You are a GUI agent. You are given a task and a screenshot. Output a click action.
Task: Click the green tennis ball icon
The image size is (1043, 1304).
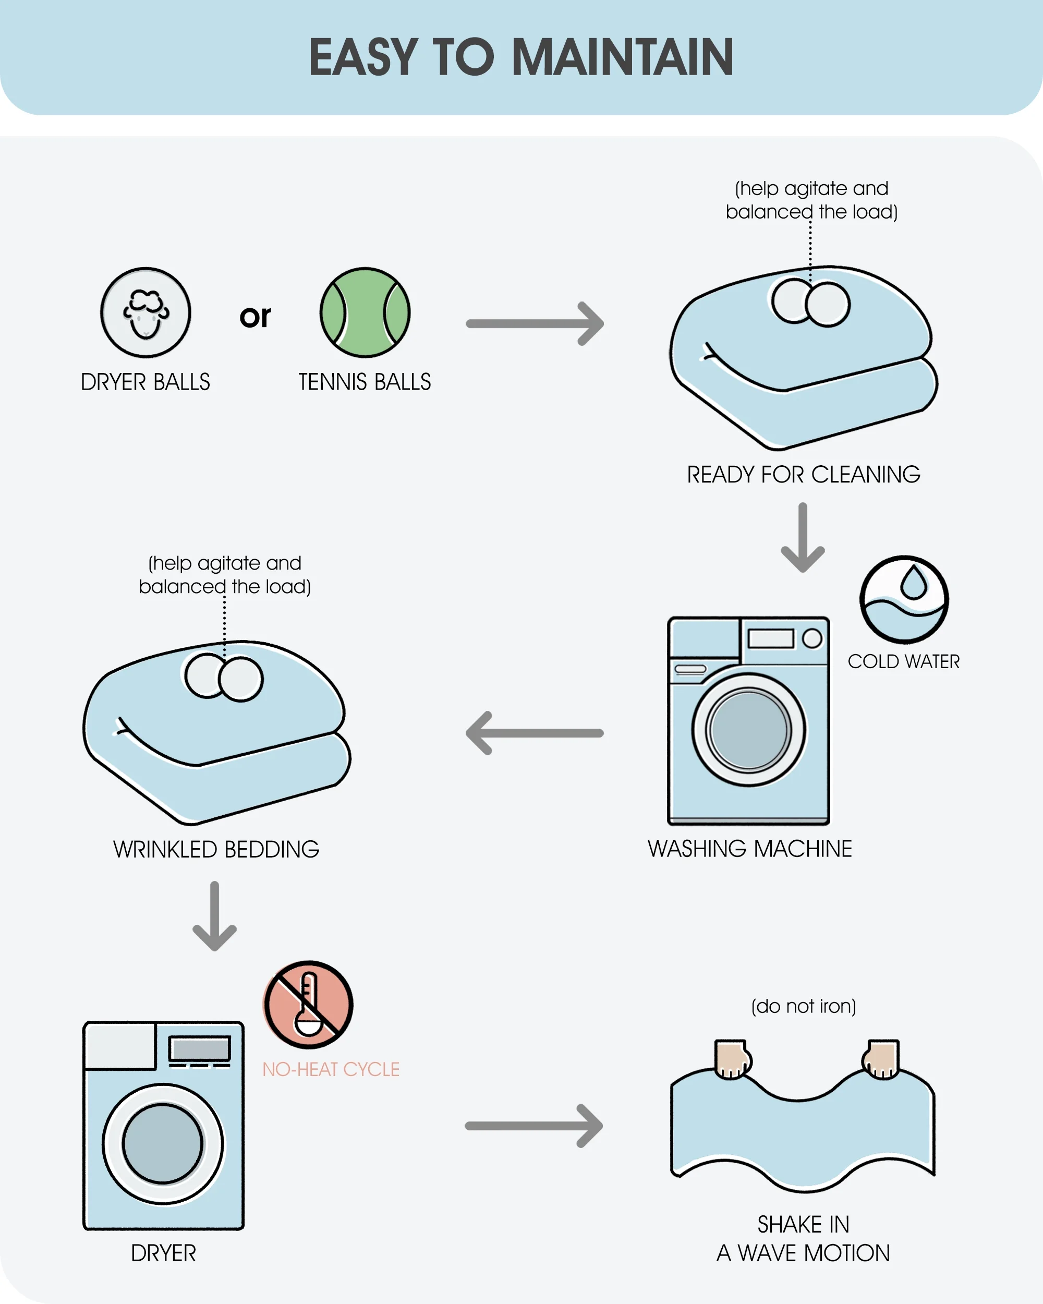tap(365, 312)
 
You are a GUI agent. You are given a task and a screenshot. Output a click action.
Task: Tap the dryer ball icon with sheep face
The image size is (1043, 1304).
tap(145, 312)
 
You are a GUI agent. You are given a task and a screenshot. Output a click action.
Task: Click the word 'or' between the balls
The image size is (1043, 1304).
tap(255, 316)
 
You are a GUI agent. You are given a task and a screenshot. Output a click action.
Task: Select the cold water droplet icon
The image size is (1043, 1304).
tap(904, 599)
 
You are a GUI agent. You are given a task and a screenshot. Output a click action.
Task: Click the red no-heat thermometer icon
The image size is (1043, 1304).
tap(308, 1005)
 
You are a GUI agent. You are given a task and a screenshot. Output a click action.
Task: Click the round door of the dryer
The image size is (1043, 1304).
tap(163, 1144)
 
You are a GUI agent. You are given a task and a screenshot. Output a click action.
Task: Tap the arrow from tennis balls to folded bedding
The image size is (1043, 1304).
tap(535, 323)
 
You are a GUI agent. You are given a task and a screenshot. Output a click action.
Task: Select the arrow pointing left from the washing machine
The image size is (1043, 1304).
tap(535, 733)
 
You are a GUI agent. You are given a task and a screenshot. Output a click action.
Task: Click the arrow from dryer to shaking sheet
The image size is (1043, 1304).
tap(534, 1126)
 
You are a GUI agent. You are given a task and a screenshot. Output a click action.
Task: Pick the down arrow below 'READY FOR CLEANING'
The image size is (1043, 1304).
tap(803, 537)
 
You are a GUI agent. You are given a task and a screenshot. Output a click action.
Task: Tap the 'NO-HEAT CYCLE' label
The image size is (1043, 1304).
tap(331, 1069)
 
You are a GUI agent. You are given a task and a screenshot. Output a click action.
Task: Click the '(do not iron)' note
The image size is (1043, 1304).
tap(804, 1006)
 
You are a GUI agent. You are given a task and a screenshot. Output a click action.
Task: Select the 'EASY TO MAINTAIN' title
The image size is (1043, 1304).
tap(521, 57)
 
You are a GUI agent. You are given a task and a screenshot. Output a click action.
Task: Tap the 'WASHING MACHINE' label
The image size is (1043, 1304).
tap(750, 849)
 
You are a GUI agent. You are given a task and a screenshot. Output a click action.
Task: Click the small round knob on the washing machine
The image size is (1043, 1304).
tap(812, 638)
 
